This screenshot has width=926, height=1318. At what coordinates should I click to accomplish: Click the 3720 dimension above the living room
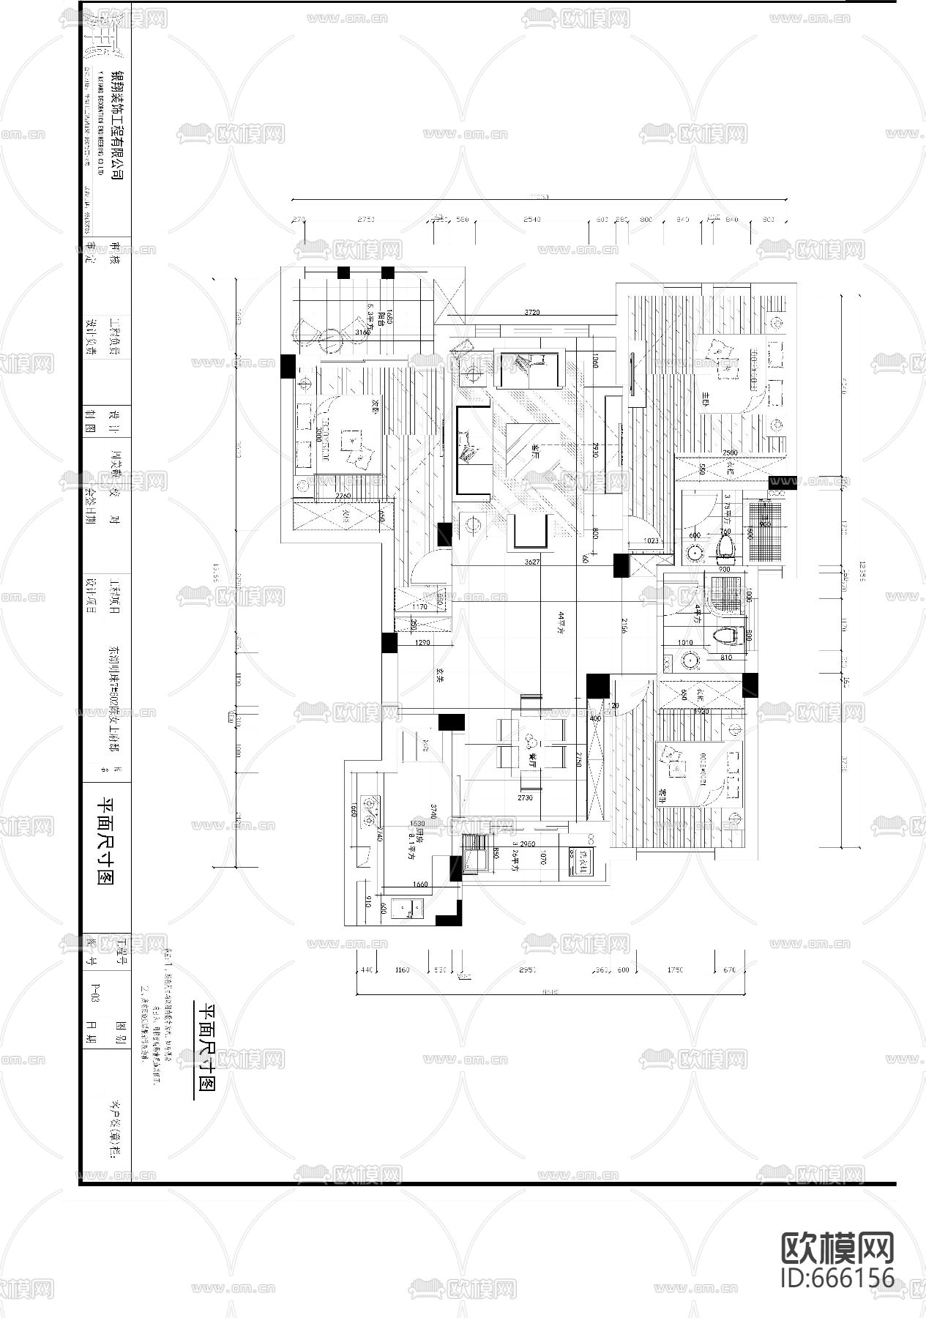click(x=532, y=313)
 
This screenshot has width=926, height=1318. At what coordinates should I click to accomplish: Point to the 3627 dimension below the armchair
click(x=532, y=562)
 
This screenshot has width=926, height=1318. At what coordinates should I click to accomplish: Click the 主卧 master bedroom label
click(x=706, y=396)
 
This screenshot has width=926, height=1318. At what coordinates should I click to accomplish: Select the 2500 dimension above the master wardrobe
click(x=730, y=453)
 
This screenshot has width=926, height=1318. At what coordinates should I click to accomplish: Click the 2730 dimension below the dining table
click(x=525, y=797)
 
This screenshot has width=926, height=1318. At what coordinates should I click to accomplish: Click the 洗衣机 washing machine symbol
click(x=586, y=855)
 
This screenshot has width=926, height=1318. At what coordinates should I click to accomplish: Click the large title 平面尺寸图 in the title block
click(x=107, y=841)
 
